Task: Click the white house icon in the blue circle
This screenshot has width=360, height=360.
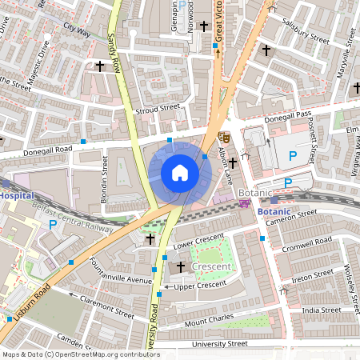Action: click(179, 172)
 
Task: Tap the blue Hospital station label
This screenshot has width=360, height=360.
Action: click(16, 194)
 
